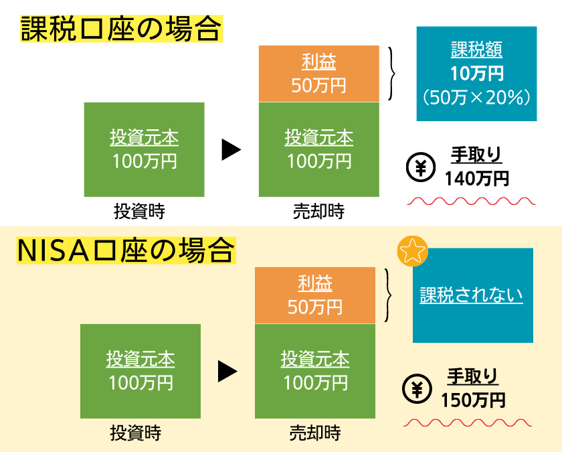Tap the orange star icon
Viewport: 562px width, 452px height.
pos(412,252)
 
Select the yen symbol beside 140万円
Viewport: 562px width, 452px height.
pos(420,169)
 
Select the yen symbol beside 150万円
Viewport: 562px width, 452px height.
pos(417,390)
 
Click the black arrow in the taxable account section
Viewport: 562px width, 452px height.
pos(231,149)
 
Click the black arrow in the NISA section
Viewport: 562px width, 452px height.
pos(227,371)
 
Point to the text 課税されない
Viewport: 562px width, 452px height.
pos(472,295)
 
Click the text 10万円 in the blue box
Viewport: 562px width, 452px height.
pos(477,73)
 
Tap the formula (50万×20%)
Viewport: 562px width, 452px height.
pos(476,97)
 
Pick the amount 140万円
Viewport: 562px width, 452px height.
pos(477,178)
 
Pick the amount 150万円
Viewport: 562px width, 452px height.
pos(473,400)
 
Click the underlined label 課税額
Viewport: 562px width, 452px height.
pos(477,50)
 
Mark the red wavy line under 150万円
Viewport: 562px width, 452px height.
pos(468,423)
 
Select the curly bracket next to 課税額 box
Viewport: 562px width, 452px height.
pos(393,74)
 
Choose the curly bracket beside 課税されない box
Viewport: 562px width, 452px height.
pos(389,295)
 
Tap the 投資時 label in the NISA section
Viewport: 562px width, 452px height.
pos(136,433)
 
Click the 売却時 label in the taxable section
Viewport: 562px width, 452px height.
pos(318,212)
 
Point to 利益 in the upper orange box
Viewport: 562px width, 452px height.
pos(318,63)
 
